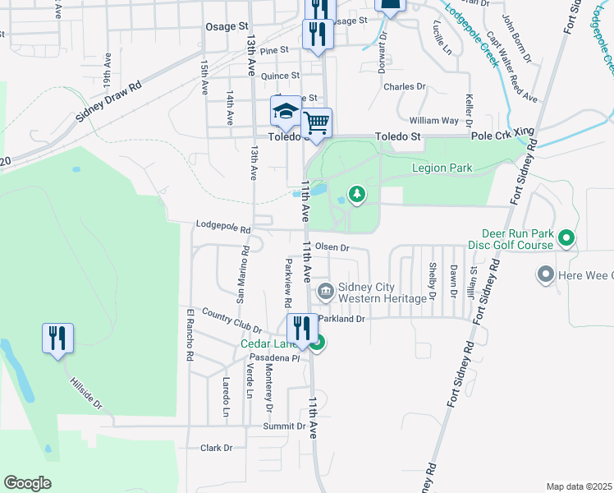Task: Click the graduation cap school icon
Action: (x=286, y=112)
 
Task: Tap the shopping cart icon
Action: (x=316, y=123)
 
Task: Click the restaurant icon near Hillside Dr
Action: (x=57, y=338)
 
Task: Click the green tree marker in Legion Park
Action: (x=356, y=194)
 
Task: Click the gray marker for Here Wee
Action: (x=544, y=274)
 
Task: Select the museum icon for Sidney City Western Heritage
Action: (x=325, y=291)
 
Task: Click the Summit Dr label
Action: (x=284, y=427)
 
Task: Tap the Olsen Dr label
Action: (x=332, y=246)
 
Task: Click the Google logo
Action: (x=27, y=483)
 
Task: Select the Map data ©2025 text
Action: (x=579, y=486)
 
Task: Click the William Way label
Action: (x=439, y=120)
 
